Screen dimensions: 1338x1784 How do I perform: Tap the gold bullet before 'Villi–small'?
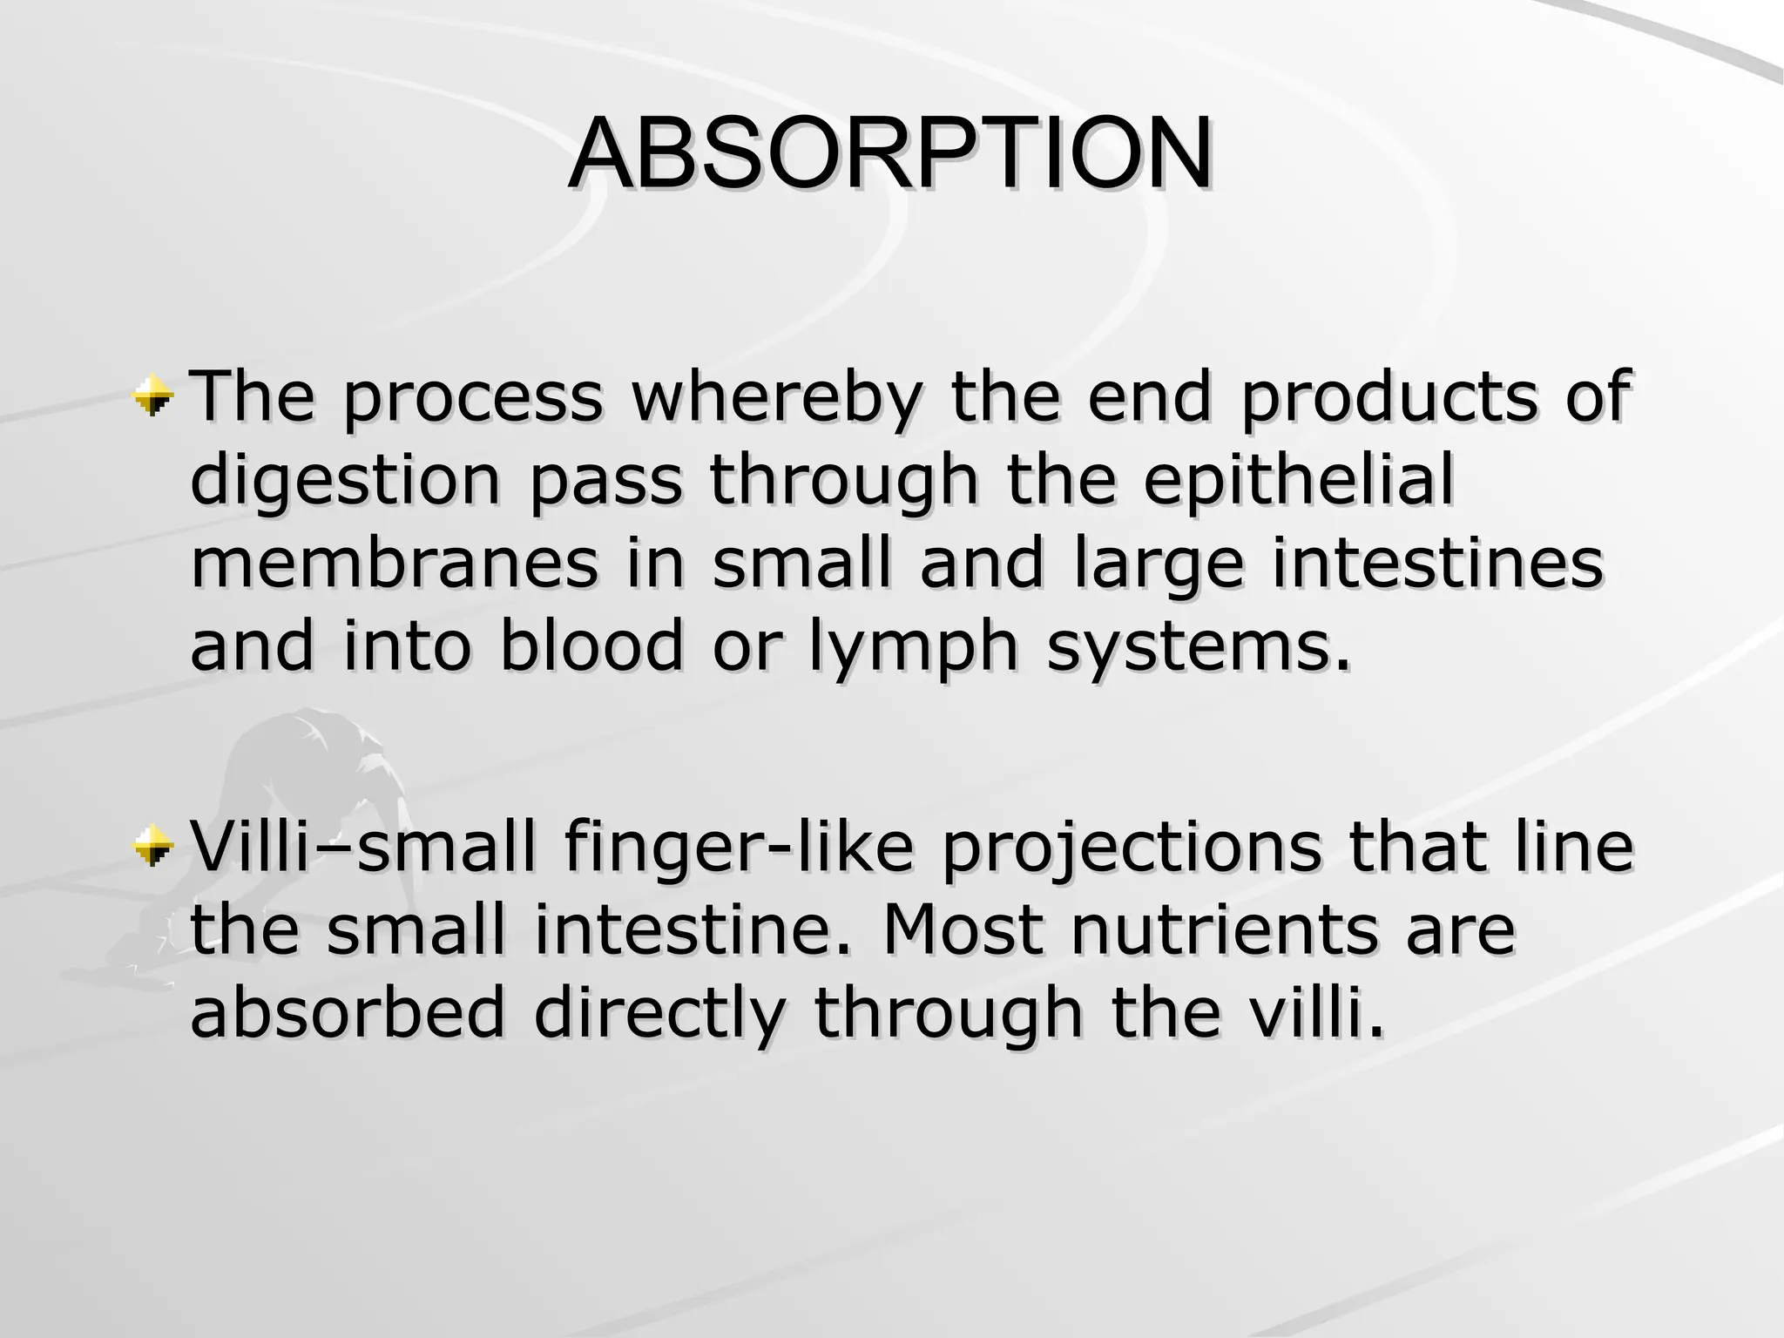point(154,847)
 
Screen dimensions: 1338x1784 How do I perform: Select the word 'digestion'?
point(345,481)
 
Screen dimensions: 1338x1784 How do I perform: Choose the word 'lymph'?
point(913,649)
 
